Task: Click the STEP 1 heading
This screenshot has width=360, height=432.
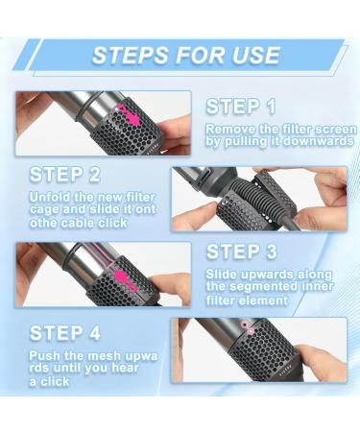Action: [240, 107]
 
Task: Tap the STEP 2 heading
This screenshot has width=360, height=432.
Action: [64, 175]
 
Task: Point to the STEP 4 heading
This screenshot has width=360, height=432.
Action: [64, 333]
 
